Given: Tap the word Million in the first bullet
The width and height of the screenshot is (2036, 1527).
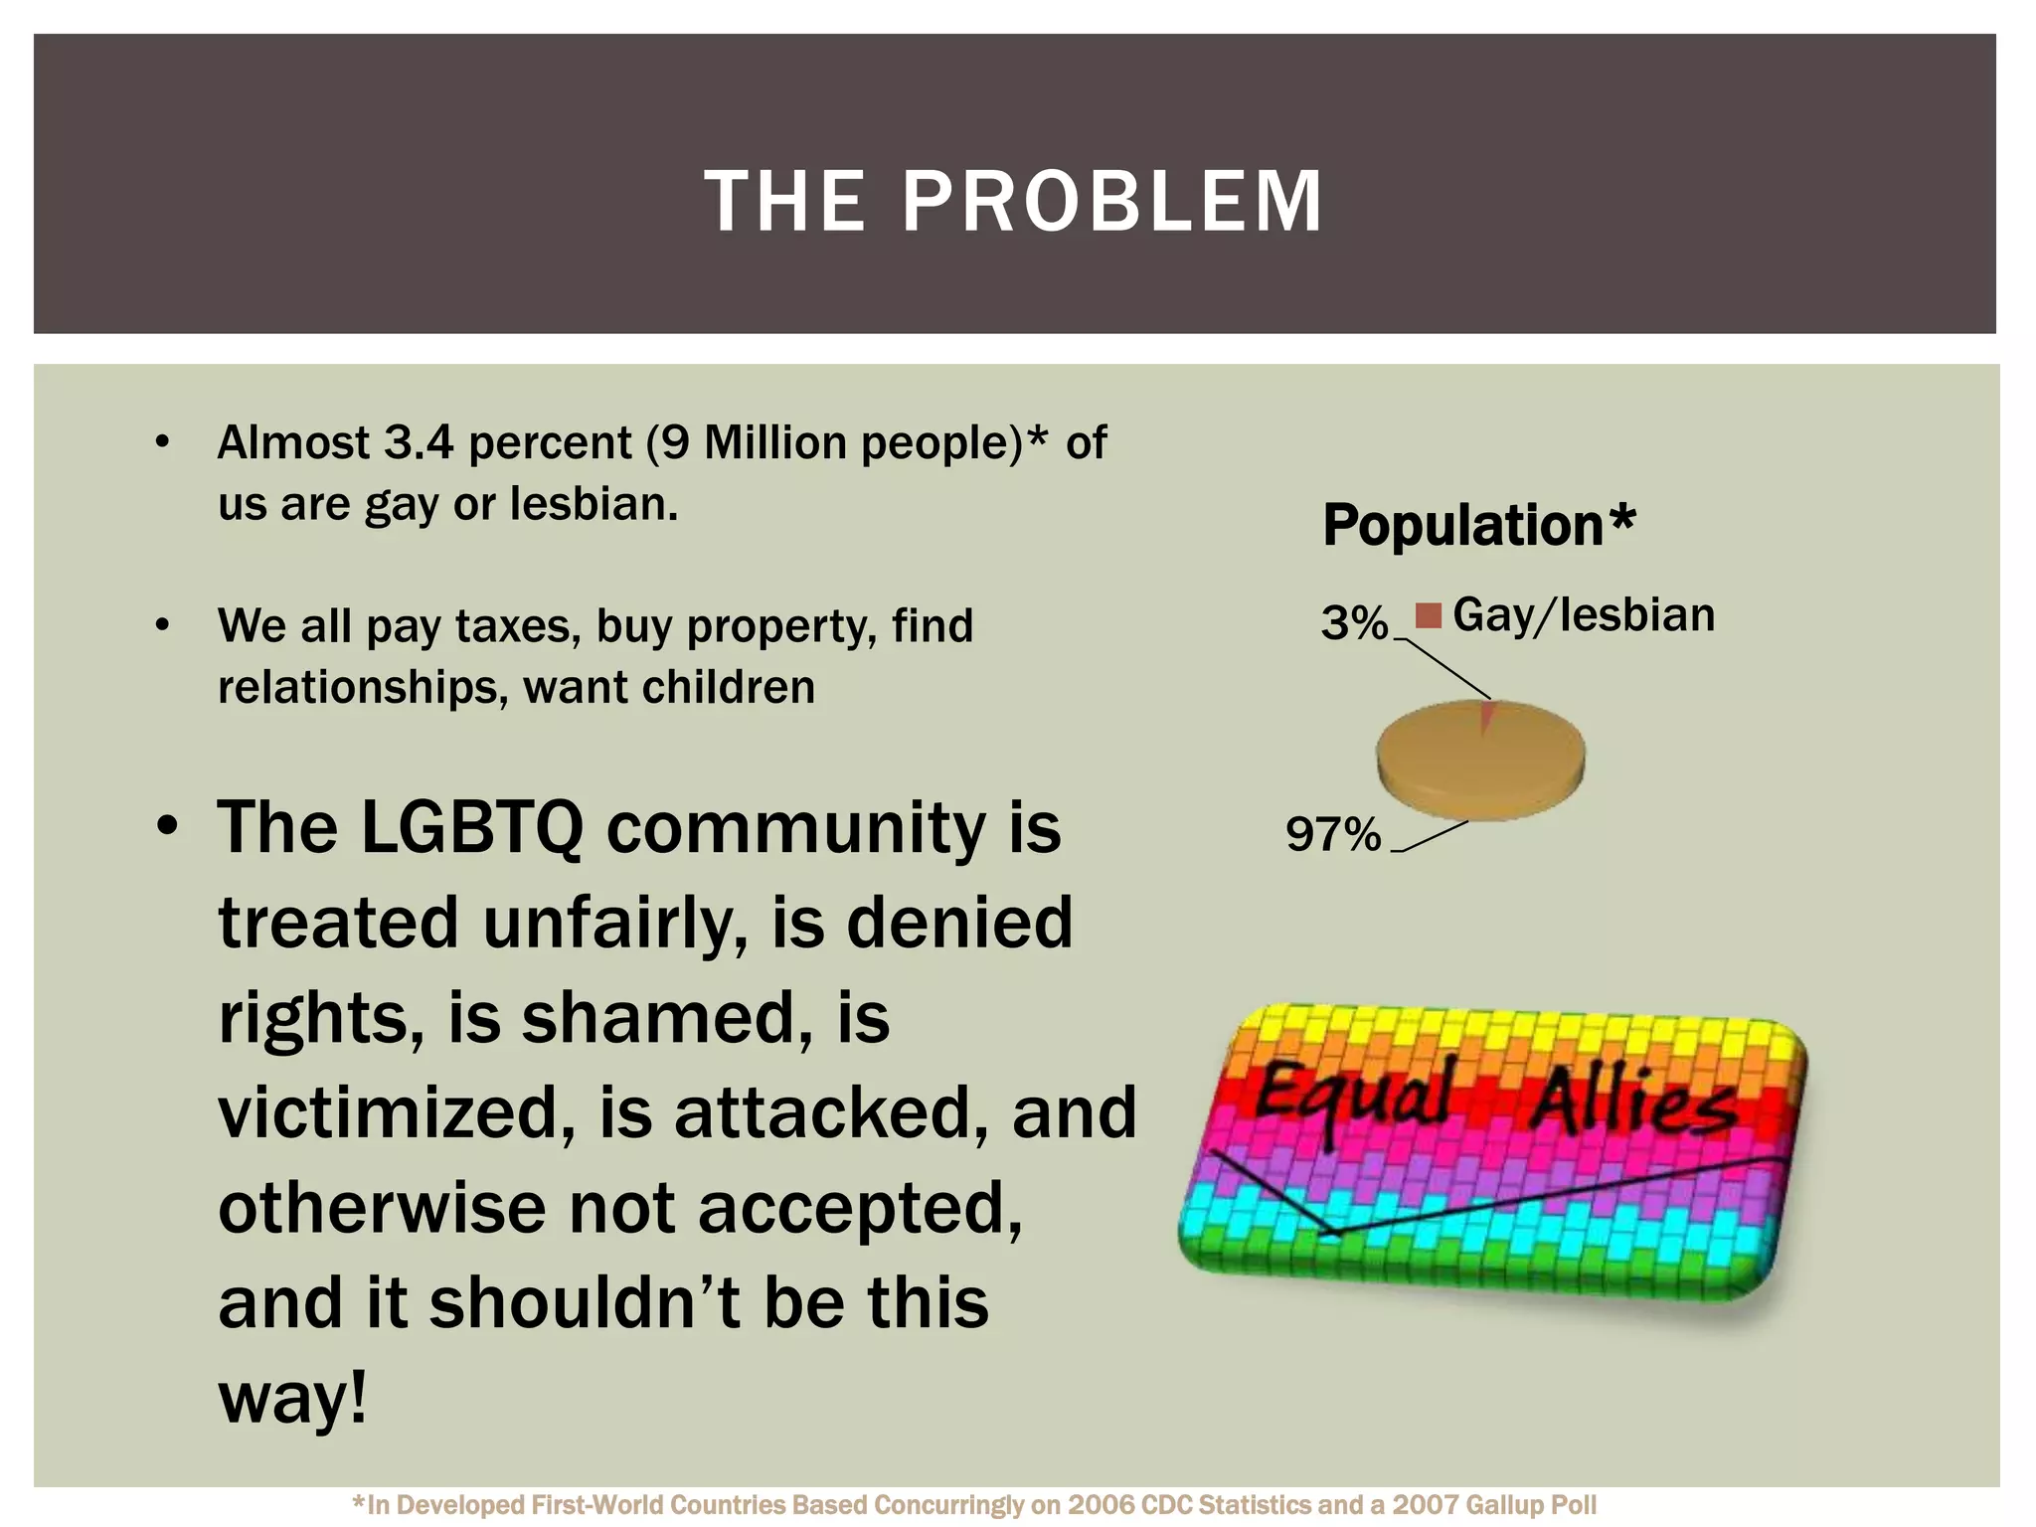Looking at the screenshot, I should [x=775, y=443].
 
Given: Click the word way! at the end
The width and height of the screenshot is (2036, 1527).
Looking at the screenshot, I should [x=292, y=1397].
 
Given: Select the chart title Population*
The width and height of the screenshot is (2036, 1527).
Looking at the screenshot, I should [x=1478, y=525].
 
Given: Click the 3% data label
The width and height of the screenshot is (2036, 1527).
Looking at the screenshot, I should [x=1354, y=623].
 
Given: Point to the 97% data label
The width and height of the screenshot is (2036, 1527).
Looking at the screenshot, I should [x=1333, y=834].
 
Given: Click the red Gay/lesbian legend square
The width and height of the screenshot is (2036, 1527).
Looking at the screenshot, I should [x=1429, y=616].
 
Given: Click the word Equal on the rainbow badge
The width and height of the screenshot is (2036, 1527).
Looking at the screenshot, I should [x=1354, y=1099].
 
